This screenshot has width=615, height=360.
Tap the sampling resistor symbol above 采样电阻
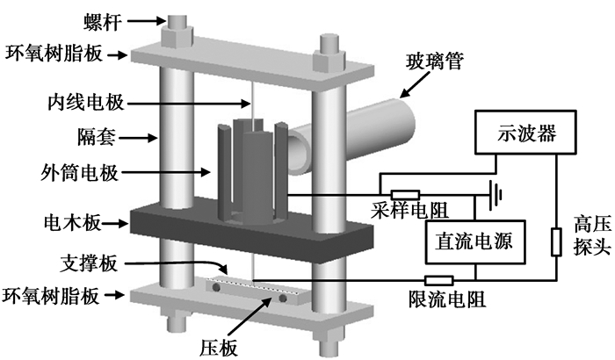[405, 194]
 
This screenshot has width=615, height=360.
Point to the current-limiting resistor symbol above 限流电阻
[439, 281]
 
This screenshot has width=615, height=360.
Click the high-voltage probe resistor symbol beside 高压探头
[555, 241]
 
